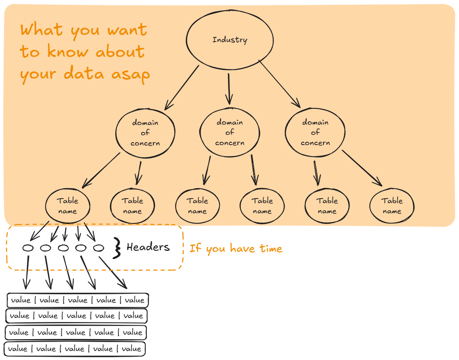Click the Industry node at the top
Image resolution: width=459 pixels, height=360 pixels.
tap(230, 40)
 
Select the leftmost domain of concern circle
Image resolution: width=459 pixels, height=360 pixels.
tap(145, 132)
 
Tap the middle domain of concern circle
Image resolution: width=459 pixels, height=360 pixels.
tap(230, 132)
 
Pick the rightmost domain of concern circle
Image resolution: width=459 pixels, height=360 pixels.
tap(315, 132)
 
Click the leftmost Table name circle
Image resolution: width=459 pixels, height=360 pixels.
tap(67, 206)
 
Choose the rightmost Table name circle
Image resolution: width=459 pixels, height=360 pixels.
tap(392, 206)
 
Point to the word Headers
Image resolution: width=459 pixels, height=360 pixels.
tap(148, 247)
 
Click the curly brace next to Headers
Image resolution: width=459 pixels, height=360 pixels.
tap(117, 248)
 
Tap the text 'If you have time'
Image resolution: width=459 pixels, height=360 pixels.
tap(236, 248)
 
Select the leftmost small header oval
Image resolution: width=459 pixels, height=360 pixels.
tap(28, 248)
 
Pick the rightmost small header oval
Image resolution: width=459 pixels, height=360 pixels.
tap(99, 248)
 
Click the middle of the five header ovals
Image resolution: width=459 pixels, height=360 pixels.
tap(63, 248)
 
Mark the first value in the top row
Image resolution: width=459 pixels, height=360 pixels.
tap(21, 300)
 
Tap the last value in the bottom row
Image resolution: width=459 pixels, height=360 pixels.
tap(131, 349)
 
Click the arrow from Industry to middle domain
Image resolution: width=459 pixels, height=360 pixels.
tap(229, 88)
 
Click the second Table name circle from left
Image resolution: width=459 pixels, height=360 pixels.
tap(132, 206)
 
